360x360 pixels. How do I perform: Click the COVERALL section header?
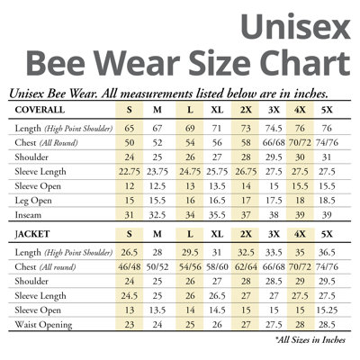40,110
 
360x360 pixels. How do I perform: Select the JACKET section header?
32,234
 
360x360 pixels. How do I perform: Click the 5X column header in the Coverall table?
327,110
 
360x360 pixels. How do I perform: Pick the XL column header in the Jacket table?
217,234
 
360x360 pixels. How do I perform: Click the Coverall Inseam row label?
28,215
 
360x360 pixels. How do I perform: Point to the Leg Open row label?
33,201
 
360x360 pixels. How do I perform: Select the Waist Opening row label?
43,325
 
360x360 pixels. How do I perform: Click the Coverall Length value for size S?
130,129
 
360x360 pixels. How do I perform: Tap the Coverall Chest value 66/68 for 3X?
274,143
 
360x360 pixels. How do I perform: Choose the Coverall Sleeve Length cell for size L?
190,172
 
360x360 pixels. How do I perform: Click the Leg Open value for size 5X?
327,201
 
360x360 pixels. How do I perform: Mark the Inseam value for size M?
157,215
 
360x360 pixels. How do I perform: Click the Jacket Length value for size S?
130,253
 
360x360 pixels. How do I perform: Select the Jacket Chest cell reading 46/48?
130,267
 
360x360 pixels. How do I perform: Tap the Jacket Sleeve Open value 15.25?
327,310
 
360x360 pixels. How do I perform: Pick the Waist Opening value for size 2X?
246,325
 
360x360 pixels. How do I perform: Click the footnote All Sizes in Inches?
310,340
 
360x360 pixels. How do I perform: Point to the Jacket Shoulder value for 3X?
274,282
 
